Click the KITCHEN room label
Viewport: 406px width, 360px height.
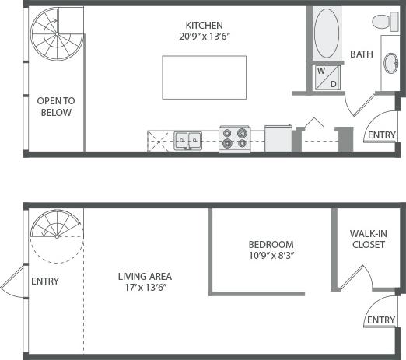point(205,25)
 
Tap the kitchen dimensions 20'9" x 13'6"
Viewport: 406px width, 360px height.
point(205,37)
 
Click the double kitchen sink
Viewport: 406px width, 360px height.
point(187,140)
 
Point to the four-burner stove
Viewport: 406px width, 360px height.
point(233,138)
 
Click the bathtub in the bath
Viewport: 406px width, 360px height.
point(326,33)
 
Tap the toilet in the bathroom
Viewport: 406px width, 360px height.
point(384,21)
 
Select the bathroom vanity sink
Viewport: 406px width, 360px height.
point(390,64)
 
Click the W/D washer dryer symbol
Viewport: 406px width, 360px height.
point(326,77)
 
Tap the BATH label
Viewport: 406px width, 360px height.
point(362,54)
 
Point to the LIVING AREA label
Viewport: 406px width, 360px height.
point(145,276)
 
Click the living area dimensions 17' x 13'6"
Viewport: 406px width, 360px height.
point(145,288)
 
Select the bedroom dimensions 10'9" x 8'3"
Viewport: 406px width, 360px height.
point(271,255)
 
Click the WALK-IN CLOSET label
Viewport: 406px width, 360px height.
point(368,238)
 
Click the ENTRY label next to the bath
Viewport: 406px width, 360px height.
point(381,135)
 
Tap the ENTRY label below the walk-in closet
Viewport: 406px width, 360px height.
point(381,320)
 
